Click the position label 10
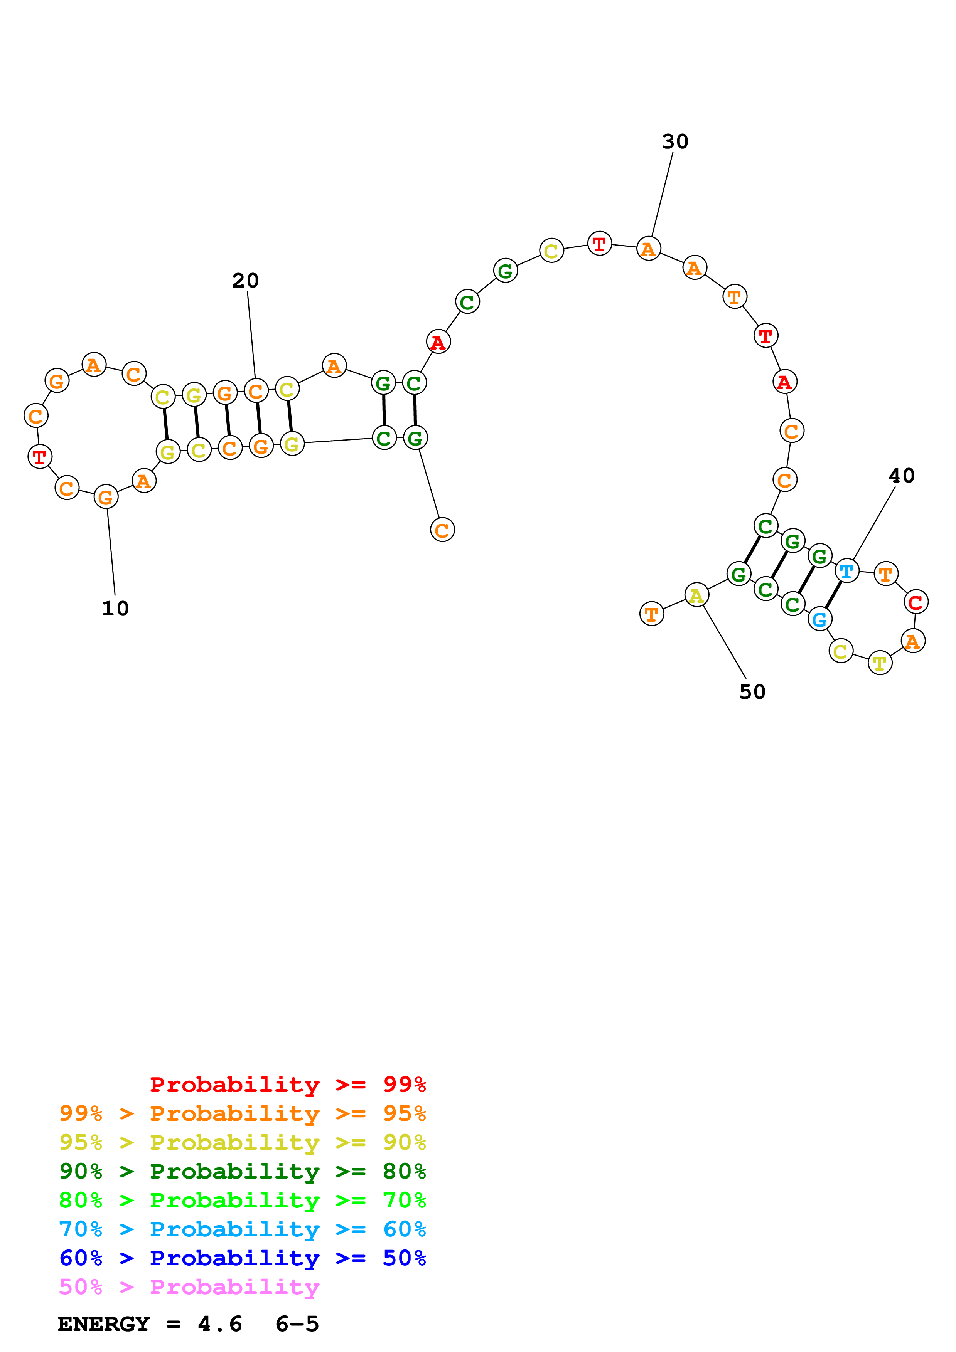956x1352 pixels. [x=115, y=608]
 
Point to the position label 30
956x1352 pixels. [x=674, y=141]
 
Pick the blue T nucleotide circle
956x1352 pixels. [x=846, y=571]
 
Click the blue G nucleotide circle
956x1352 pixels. [x=819, y=619]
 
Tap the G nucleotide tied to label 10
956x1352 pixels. [x=106, y=497]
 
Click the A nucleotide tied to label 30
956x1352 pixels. [x=649, y=249]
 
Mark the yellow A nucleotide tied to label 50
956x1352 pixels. [x=696, y=595]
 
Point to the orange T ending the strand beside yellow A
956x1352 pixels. [x=651, y=614]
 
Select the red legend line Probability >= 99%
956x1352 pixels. [x=287, y=1084]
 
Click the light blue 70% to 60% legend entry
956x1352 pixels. [x=242, y=1229]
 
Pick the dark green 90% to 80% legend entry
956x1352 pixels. [x=242, y=1171]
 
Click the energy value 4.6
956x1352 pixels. [x=220, y=1324]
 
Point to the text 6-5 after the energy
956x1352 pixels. [x=297, y=1324]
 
